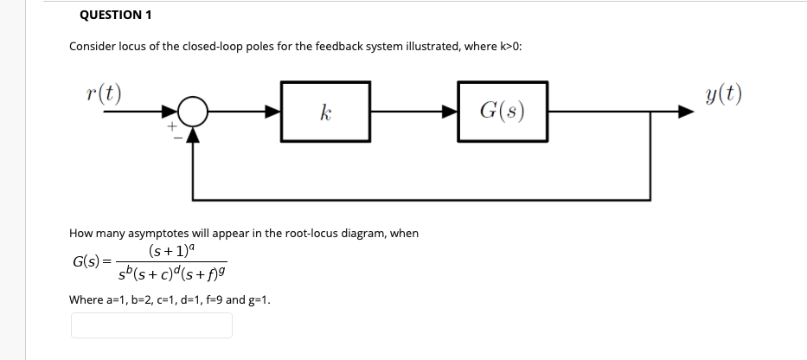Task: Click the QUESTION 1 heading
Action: tap(110, 15)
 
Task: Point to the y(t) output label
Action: tap(723, 93)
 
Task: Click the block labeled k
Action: tap(325, 112)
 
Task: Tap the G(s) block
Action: tap(502, 112)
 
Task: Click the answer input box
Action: tap(151, 325)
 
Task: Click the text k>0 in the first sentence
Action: tap(505, 46)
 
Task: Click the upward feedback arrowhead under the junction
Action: tap(193, 134)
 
